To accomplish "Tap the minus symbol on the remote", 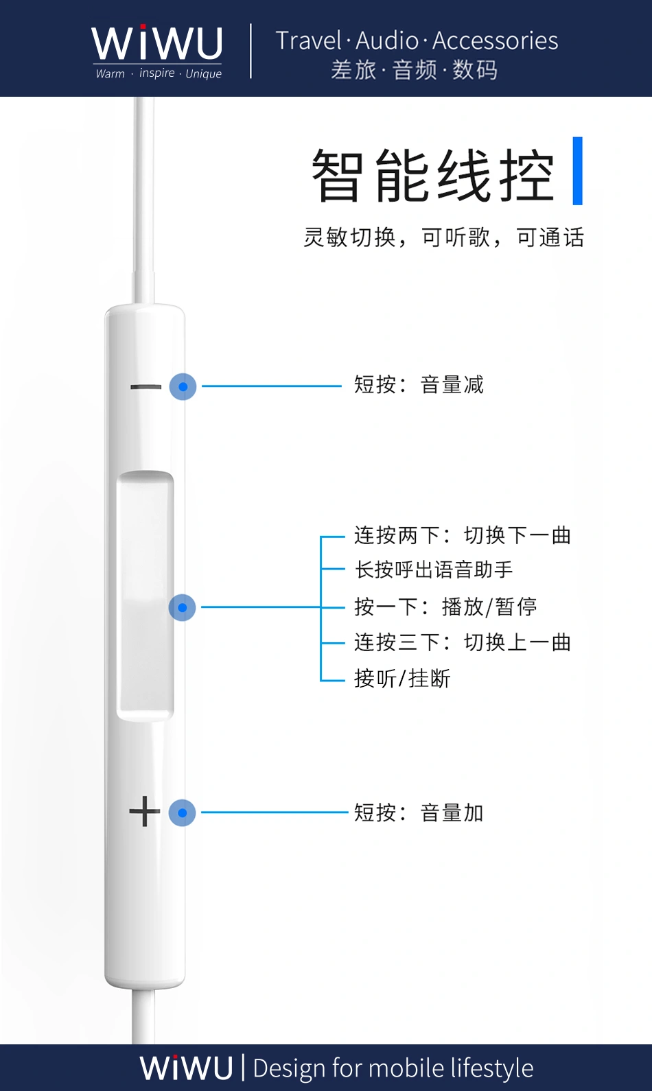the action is pyautogui.click(x=145, y=387).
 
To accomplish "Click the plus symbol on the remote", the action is pyautogui.click(x=144, y=812).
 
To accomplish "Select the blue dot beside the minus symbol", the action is pyautogui.click(x=183, y=387).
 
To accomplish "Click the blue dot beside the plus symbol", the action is pyautogui.click(x=183, y=812).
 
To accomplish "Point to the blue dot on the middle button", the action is pyautogui.click(x=183, y=607).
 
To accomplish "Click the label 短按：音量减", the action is pyautogui.click(x=419, y=385).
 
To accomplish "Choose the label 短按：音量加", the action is pyautogui.click(x=419, y=813).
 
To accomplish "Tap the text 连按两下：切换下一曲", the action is pyautogui.click(x=463, y=535).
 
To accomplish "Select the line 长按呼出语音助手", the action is pyautogui.click(x=434, y=570).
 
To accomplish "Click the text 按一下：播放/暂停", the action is pyautogui.click(x=445, y=607).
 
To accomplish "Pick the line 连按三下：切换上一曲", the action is pyautogui.click(x=463, y=642).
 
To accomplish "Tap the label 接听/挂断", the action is pyautogui.click(x=402, y=679).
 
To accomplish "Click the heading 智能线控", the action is pyautogui.click(x=432, y=176).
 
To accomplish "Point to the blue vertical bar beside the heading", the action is pyautogui.click(x=577, y=171).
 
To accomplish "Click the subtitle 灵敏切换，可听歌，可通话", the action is pyautogui.click(x=443, y=237).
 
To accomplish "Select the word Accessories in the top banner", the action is pyautogui.click(x=495, y=40).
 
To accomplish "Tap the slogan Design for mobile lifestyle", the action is pyautogui.click(x=393, y=1068).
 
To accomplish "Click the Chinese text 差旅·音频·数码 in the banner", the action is pyautogui.click(x=415, y=70).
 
